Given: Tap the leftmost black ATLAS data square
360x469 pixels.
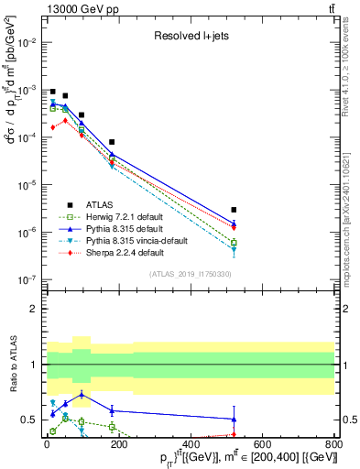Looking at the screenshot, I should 53,93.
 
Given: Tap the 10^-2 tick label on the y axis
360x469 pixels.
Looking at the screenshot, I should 29,42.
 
